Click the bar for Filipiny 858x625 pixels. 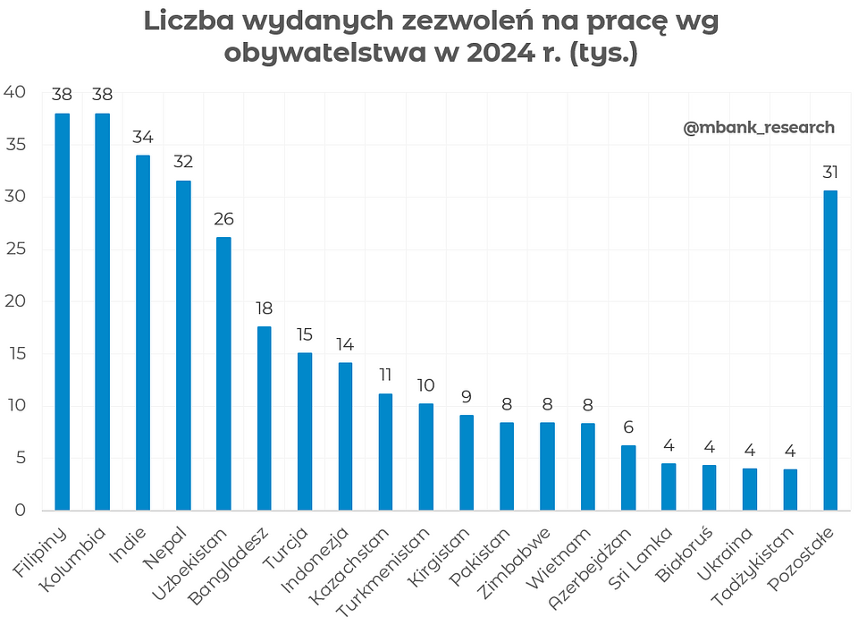[62, 312]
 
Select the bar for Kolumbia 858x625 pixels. [102, 312]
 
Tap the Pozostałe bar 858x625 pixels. [830, 351]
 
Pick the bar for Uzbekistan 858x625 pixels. [223, 374]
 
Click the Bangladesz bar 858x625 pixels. [264, 418]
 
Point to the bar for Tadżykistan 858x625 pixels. [790, 490]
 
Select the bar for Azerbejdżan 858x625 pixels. [628, 478]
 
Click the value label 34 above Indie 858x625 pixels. [142, 138]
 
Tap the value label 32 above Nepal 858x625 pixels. [183, 162]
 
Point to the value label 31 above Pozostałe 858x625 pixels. [830, 172]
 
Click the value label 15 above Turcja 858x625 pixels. [305, 334]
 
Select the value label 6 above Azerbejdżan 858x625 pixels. [628, 427]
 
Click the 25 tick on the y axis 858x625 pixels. [15, 249]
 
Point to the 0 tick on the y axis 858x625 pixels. [21, 511]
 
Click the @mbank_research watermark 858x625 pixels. [759, 128]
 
